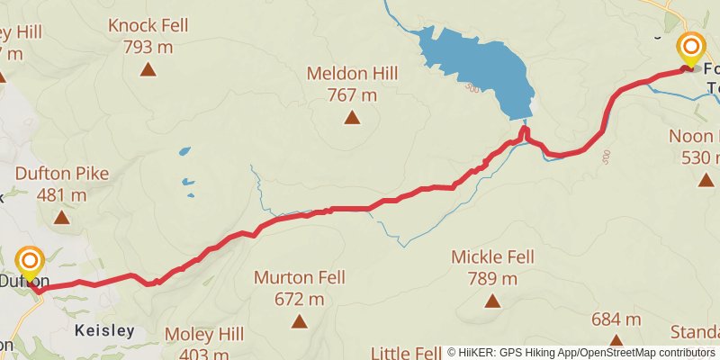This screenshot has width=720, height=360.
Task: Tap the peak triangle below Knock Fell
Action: click(148, 68)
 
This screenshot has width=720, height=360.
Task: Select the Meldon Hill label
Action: click(351, 73)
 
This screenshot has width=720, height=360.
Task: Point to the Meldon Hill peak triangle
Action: click(352, 117)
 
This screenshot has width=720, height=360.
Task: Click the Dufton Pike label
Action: click(61, 174)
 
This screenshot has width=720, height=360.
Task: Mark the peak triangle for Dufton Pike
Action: click(61, 217)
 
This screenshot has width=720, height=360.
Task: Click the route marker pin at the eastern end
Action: click(691, 49)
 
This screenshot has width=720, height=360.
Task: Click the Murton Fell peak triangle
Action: click(300, 321)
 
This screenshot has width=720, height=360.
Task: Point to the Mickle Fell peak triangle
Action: click(492, 301)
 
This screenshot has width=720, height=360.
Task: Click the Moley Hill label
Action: click(204, 335)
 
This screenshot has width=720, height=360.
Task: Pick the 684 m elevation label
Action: click(616, 319)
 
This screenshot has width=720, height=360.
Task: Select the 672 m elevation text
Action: click(301, 299)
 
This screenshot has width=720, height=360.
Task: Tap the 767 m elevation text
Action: click(351, 94)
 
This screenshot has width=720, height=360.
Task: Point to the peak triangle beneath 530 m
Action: click(706, 180)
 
